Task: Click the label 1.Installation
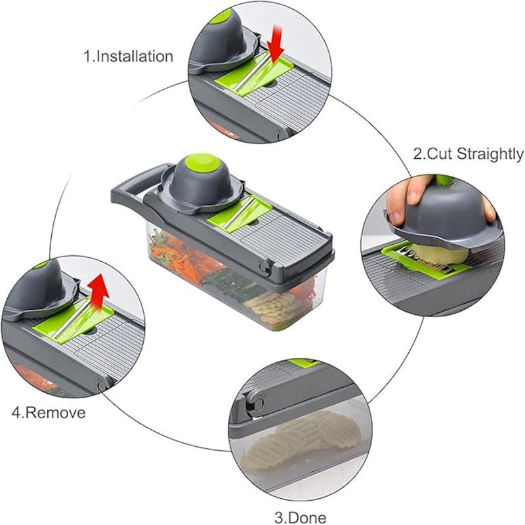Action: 128,56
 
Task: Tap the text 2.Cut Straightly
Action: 468,154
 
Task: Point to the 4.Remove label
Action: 48,413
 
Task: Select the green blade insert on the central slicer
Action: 241,214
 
